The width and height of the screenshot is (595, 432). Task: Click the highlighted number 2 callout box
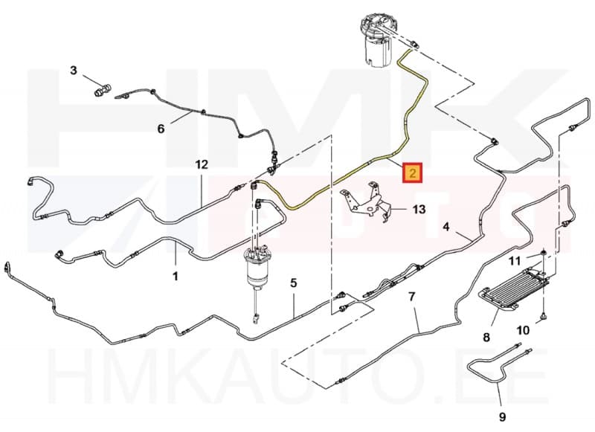click(413, 173)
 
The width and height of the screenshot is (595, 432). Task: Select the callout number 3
click(74, 70)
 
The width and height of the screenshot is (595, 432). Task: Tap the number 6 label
click(161, 129)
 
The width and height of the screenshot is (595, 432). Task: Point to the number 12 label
click(202, 164)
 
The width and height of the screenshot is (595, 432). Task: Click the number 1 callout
click(176, 276)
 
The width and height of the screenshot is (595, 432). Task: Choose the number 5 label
click(294, 283)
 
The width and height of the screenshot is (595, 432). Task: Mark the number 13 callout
click(419, 210)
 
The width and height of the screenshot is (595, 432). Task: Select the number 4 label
click(446, 227)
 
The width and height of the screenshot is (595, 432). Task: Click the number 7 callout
click(412, 296)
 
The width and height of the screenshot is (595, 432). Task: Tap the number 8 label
click(486, 336)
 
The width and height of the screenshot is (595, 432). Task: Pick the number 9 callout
click(502, 417)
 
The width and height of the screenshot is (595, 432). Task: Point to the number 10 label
click(523, 330)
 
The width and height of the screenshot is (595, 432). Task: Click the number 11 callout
click(515, 261)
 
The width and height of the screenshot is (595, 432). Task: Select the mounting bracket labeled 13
click(364, 200)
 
